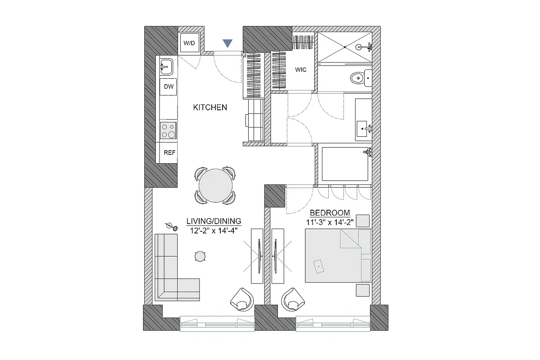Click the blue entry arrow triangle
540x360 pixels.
(228, 43)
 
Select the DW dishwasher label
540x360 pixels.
(169, 87)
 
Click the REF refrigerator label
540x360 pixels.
(169, 153)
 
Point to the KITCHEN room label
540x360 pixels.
(210, 108)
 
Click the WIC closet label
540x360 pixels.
(301, 70)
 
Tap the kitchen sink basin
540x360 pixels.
(165, 67)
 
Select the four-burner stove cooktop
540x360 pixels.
(169, 130)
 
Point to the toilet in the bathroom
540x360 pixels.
(360, 78)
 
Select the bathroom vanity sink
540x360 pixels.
(362, 129)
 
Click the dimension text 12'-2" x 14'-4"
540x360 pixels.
(214, 230)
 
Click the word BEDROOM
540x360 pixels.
(330, 212)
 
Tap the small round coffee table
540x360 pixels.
(200, 256)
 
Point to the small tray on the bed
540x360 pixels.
(318, 266)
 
